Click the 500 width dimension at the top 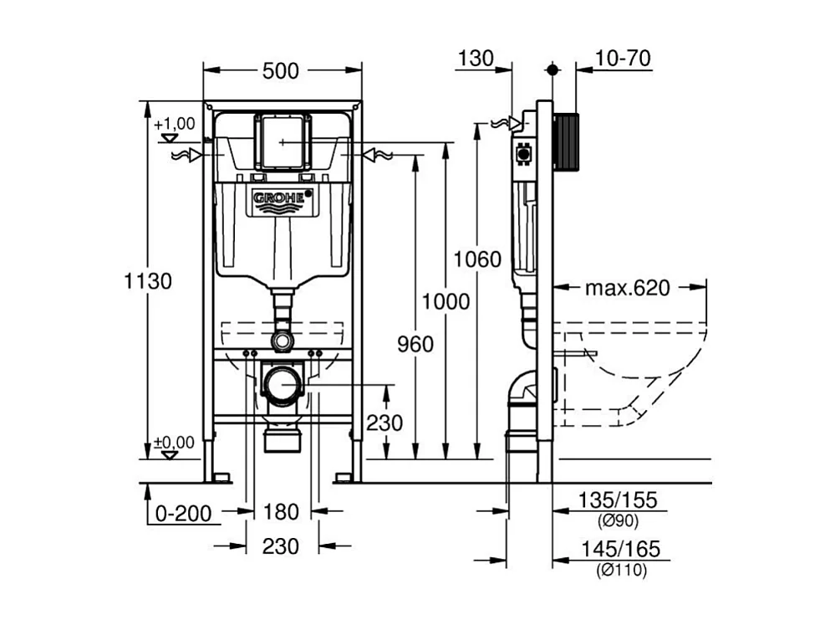[280, 72]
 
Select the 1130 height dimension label [149, 281]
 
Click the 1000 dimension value [445, 301]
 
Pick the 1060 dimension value [477, 259]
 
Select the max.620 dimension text [627, 289]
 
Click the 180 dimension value [281, 512]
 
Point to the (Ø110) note [622, 571]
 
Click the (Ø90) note [619, 521]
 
